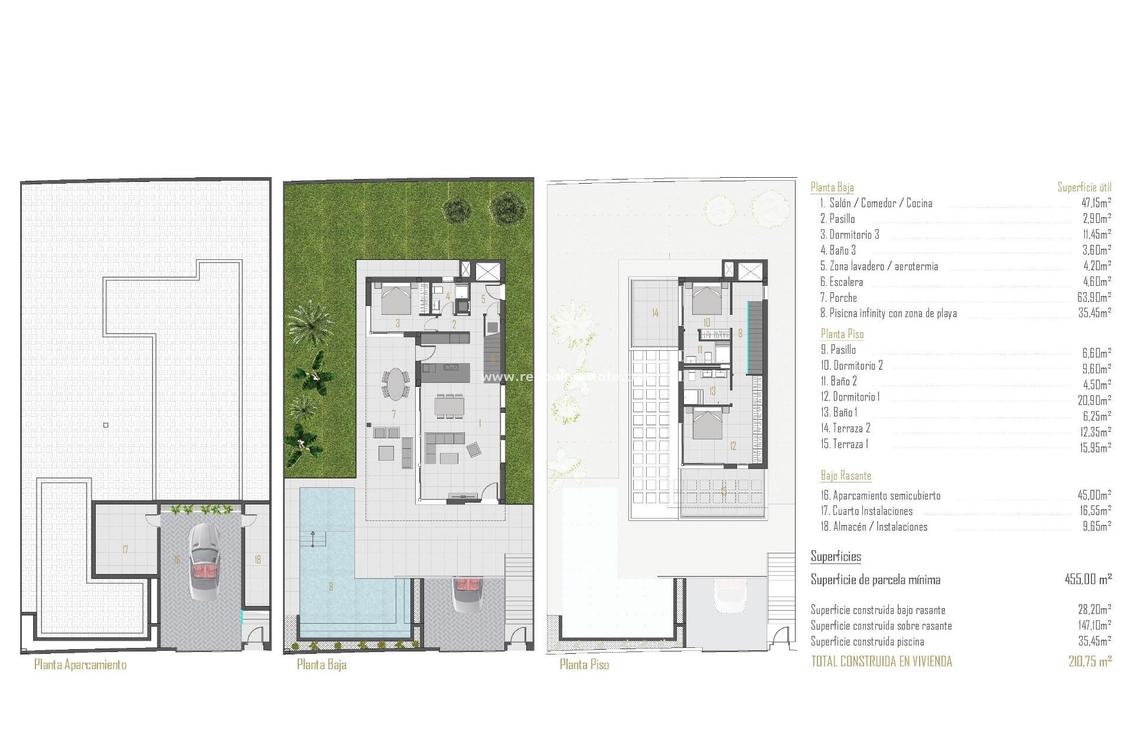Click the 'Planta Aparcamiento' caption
[80, 664]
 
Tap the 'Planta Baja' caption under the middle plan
[321, 664]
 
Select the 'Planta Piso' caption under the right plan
[584, 664]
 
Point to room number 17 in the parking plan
[125, 550]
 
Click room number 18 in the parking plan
[258, 559]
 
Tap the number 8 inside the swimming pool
[331, 586]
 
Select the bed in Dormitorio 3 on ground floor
[395, 299]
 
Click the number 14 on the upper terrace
[655, 313]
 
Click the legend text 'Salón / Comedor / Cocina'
[881, 203]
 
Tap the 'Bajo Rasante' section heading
[846, 475]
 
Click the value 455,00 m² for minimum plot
[1088, 579]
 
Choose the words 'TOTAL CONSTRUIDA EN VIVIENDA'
[881, 661]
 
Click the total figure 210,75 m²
[1090, 661]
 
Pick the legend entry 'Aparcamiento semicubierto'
[886, 496]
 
